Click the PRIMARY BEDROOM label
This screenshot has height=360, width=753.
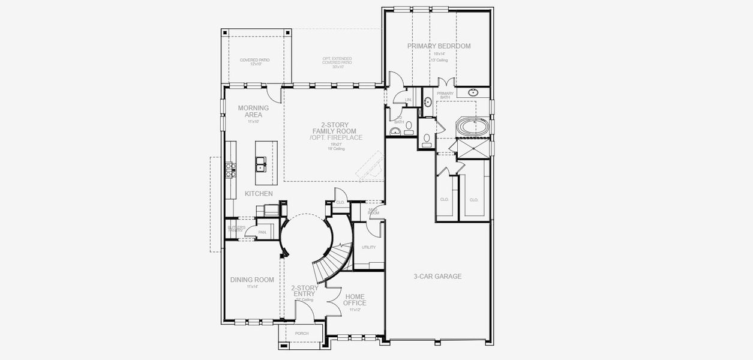(x=439, y=46)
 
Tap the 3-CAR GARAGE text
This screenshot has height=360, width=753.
(x=437, y=277)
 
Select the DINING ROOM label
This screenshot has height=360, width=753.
(x=252, y=280)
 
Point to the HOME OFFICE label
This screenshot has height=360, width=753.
(x=355, y=299)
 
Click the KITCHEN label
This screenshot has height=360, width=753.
(x=259, y=194)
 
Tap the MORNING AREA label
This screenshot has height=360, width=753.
(x=253, y=111)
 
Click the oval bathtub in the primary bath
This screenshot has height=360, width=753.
(x=473, y=127)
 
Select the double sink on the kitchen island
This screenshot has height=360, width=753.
(x=261, y=163)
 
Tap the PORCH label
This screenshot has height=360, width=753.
(x=302, y=334)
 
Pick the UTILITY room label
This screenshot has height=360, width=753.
(x=368, y=247)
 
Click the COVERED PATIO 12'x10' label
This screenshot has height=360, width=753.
(x=254, y=62)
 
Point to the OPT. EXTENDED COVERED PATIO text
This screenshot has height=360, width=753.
(x=337, y=62)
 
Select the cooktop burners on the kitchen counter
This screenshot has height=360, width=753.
(x=229, y=170)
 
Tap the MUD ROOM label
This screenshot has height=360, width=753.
(x=373, y=211)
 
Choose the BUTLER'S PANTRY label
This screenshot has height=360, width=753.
(x=235, y=229)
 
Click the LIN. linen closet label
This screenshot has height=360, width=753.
(x=408, y=100)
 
